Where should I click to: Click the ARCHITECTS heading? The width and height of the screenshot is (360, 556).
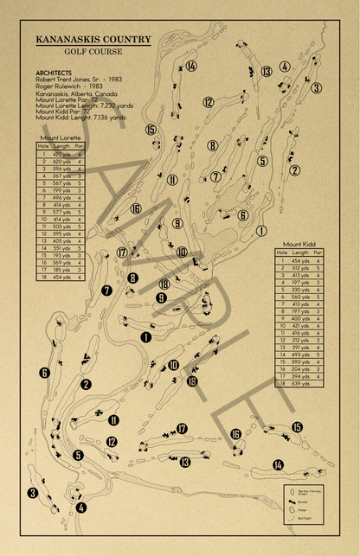coord(55,72)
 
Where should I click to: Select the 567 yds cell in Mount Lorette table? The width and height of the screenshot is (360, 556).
coord(61,183)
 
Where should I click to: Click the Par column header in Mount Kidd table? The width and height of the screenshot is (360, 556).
coord(318,252)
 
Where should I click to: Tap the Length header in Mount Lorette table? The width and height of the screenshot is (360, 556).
coord(61,146)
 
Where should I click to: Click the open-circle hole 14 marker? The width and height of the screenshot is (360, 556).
coord(191,67)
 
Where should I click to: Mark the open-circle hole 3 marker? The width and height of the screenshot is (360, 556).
coord(317,88)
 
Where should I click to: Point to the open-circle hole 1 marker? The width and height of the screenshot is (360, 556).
coord(260,230)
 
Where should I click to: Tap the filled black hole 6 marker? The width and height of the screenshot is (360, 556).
coord(44,373)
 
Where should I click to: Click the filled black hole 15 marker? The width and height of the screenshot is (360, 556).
coord(297,427)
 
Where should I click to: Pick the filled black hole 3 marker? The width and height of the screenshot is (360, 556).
coord(33,494)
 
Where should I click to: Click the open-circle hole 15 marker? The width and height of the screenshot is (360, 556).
coord(151,130)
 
